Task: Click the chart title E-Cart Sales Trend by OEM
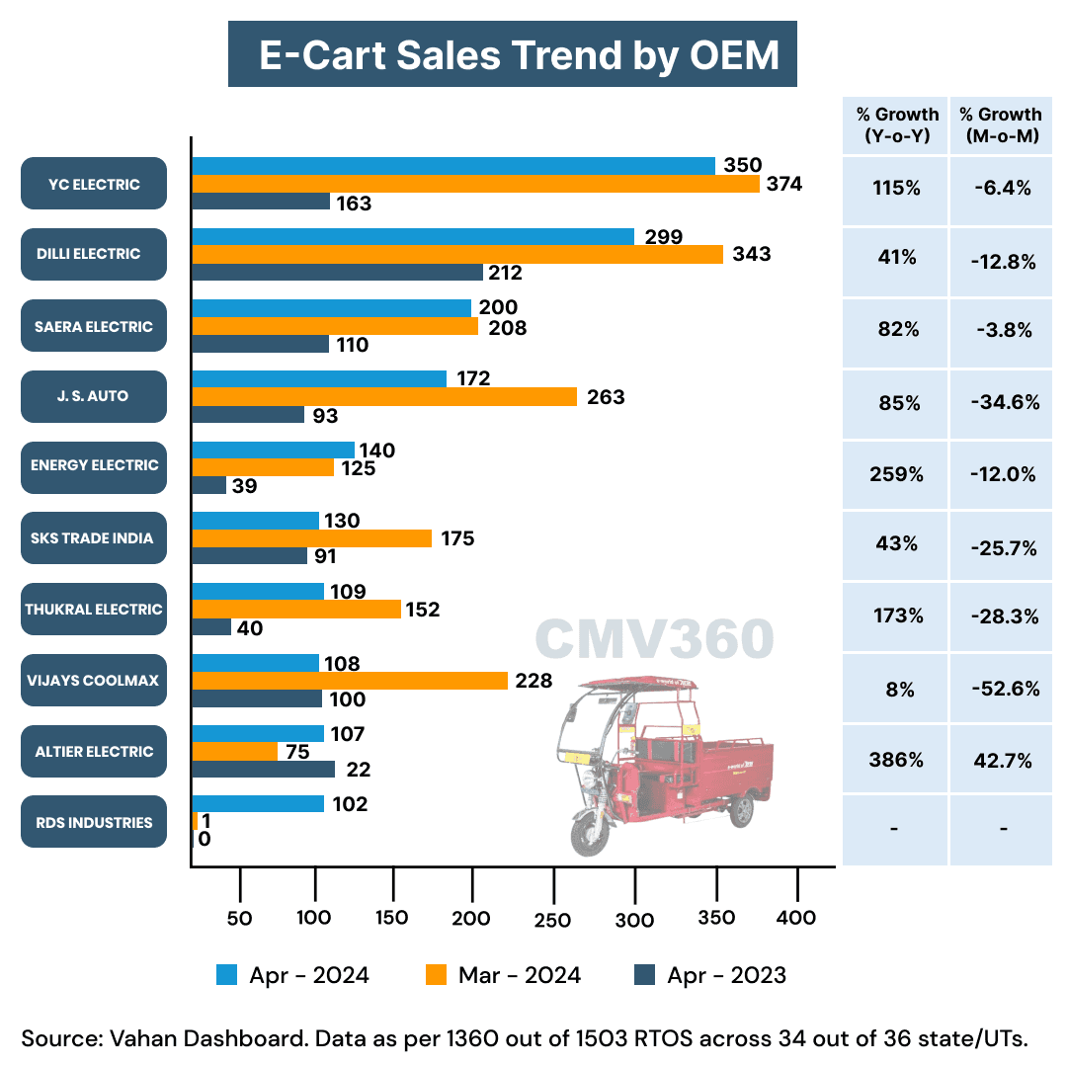click(512, 54)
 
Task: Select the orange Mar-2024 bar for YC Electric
click(475, 184)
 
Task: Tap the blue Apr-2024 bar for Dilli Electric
click(413, 236)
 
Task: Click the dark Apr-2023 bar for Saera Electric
click(260, 344)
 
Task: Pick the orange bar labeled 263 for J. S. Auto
click(384, 396)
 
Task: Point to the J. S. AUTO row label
click(94, 396)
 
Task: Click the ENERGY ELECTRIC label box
click(94, 465)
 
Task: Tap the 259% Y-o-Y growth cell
click(896, 474)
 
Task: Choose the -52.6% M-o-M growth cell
click(1003, 689)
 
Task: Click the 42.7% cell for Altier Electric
click(1003, 761)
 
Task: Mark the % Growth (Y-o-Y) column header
click(896, 125)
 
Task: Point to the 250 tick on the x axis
click(552, 919)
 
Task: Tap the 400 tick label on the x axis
click(796, 918)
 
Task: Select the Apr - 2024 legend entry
click(293, 975)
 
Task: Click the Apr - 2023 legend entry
click(709, 975)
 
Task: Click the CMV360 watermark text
click(654, 639)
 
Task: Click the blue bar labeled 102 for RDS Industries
click(258, 803)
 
